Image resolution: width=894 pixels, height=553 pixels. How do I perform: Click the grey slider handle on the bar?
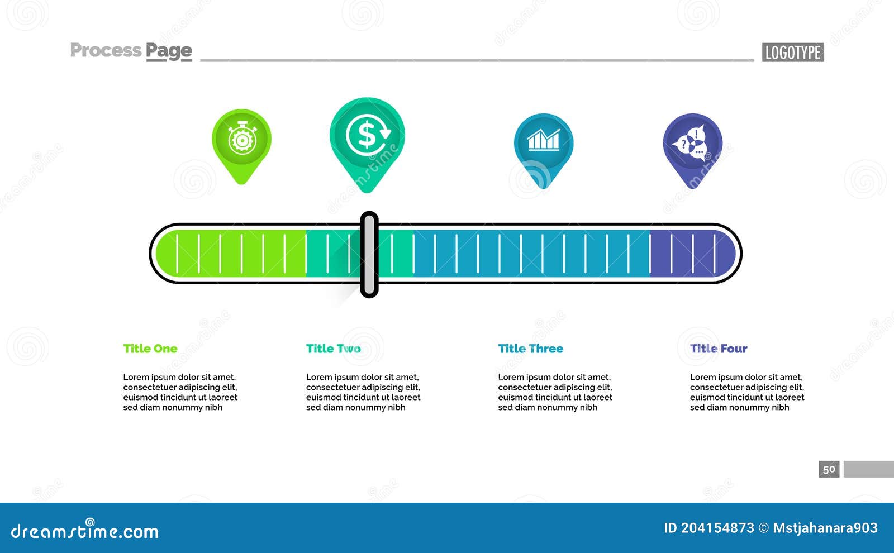pyautogui.click(x=369, y=255)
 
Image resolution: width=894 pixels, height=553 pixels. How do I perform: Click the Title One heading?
pyautogui.click(x=150, y=349)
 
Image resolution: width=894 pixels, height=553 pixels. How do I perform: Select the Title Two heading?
pyautogui.click(x=333, y=349)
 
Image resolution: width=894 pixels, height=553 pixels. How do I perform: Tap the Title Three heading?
pyautogui.click(x=530, y=349)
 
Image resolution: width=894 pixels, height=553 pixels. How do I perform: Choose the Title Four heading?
pyautogui.click(x=719, y=349)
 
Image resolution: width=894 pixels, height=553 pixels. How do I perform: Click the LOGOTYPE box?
pyautogui.click(x=793, y=53)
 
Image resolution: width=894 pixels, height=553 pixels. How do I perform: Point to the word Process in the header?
pyautogui.click(x=106, y=50)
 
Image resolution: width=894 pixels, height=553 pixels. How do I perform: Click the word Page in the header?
pyautogui.click(x=169, y=51)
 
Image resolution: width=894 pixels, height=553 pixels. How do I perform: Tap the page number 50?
pyautogui.click(x=829, y=469)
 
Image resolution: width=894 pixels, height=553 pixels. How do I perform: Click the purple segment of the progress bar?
pyautogui.click(x=692, y=254)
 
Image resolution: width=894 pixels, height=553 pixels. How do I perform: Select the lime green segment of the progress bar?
pyautogui.click(x=231, y=254)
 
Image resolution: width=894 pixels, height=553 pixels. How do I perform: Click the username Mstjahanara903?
pyautogui.click(x=825, y=528)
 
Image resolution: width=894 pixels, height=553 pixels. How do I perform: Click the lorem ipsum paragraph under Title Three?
pyautogui.click(x=555, y=392)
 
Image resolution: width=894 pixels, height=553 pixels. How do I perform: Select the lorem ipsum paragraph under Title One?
pyautogui.click(x=180, y=392)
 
